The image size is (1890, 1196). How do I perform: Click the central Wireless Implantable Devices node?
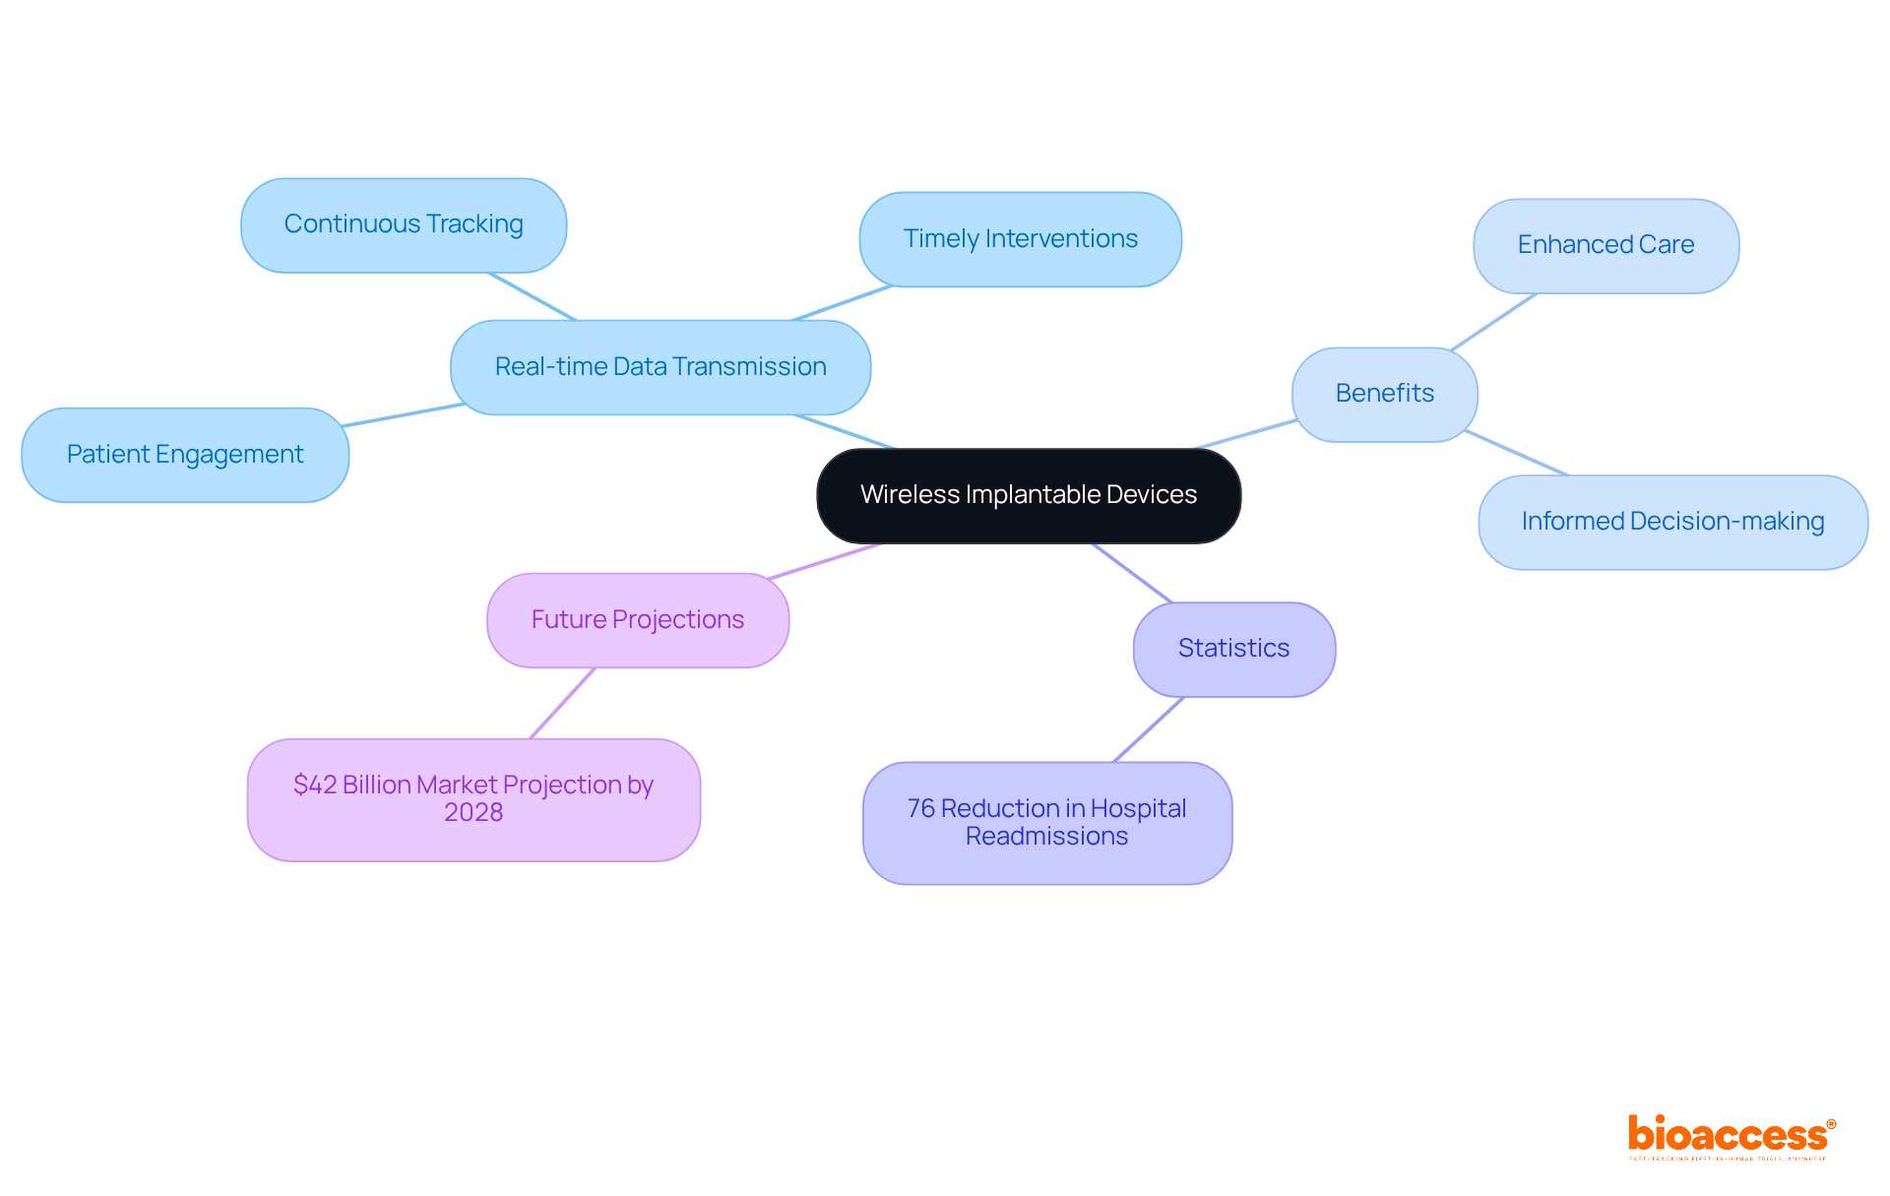(x=1029, y=495)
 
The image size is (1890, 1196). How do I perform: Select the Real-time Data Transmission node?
(x=661, y=367)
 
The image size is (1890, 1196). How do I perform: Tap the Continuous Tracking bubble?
(x=404, y=225)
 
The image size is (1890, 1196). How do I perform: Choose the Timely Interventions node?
(x=1020, y=239)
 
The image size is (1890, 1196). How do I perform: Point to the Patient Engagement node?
(x=185, y=455)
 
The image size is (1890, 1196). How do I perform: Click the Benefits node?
(x=1384, y=394)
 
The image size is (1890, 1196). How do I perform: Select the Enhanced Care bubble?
(x=1606, y=245)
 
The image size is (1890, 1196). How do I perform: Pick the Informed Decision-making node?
(x=1672, y=522)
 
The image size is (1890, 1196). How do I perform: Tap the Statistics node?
(x=1233, y=649)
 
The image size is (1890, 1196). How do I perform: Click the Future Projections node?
(x=638, y=620)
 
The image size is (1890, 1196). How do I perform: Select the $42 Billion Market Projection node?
(x=473, y=799)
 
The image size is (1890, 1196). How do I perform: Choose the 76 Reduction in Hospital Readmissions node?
(x=1046, y=823)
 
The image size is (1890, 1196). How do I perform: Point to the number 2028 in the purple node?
(x=473, y=813)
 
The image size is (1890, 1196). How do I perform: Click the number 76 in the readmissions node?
(x=920, y=809)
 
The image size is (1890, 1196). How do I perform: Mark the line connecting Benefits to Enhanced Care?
(x=1493, y=321)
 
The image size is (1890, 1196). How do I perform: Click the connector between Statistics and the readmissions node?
(x=1149, y=729)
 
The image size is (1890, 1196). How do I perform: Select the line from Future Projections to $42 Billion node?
(x=563, y=703)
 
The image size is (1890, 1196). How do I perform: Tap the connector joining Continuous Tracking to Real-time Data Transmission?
(x=533, y=297)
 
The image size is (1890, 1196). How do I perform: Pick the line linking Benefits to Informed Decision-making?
(x=1516, y=453)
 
